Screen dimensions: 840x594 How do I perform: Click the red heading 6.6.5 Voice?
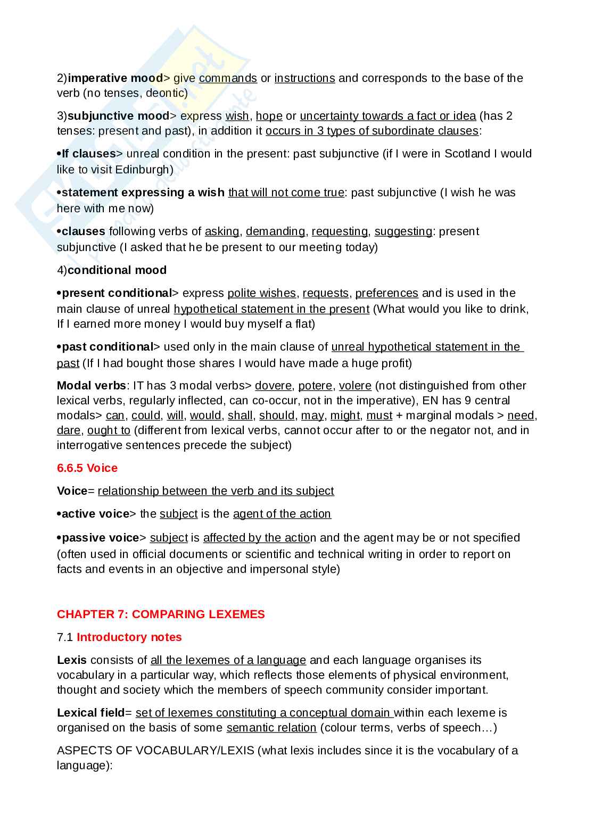(87, 468)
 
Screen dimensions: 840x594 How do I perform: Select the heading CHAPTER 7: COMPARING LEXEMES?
(161, 614)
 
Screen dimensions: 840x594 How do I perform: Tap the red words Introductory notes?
(129, 637)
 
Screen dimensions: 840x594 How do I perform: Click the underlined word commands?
(228, 78)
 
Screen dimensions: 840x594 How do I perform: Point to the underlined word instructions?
(304, 78)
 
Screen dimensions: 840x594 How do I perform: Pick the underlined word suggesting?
(403, 231)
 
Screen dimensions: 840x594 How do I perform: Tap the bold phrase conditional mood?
(117, 270)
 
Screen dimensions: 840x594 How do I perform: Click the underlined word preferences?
(386, 293)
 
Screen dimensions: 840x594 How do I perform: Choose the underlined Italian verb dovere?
(273, 386)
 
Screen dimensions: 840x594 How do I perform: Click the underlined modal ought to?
(109, 430)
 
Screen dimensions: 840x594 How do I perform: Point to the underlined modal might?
(345, 415)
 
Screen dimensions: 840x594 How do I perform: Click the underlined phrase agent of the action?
(282, 514)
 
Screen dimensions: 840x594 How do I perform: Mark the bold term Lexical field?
(90, 713)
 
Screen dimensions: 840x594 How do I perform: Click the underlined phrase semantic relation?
(271, 728)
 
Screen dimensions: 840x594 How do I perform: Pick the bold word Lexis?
(72, 660)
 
